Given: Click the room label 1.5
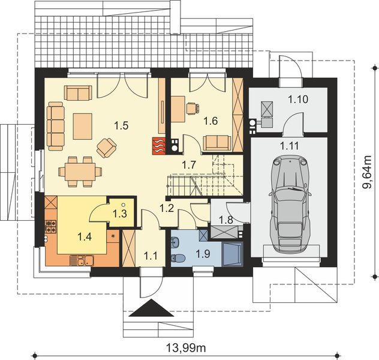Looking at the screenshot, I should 122,125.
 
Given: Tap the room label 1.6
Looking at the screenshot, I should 210,121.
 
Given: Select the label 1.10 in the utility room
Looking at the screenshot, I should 296,99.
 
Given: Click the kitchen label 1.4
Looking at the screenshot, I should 85,236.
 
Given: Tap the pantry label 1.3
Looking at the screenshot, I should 119,214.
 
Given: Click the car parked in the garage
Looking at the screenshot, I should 290,204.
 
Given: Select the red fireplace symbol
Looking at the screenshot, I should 158,145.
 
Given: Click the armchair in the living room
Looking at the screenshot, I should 107,146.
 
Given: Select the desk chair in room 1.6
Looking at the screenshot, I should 192,108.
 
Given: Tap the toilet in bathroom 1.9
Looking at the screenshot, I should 176,243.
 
